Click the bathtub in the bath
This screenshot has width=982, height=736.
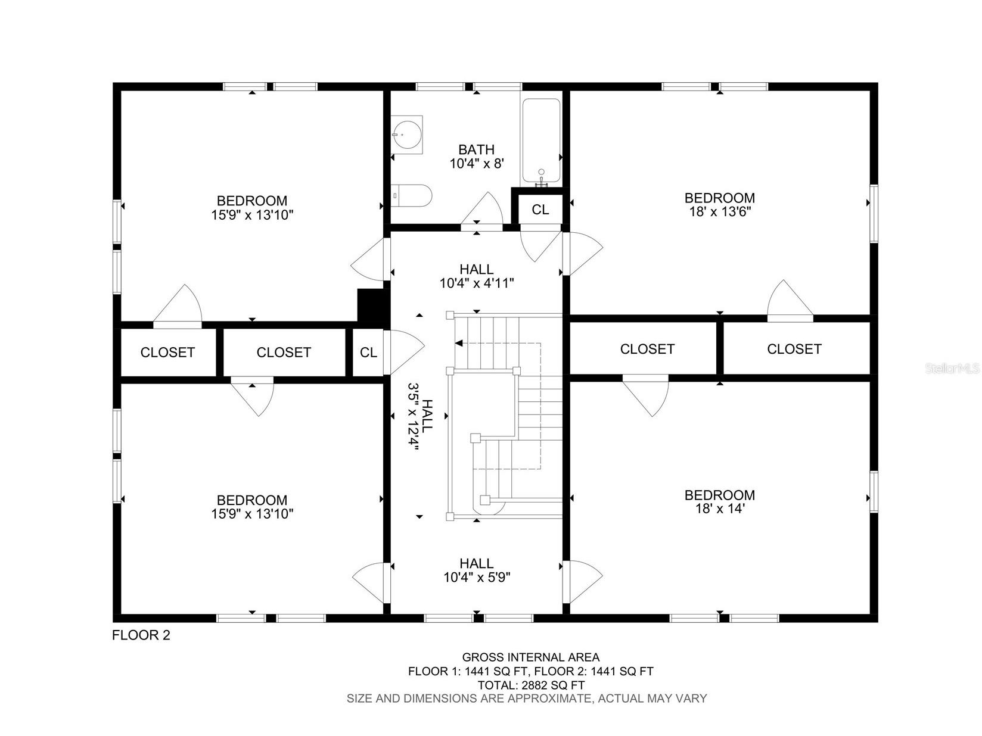pyautogui.click(x=541, y=141)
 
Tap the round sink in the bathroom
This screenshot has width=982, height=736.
pyautogui.click(x=408, y=134)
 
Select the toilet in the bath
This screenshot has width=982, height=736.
pyautogui.click(x=413, y=195)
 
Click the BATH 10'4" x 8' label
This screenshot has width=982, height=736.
pyautogui.click(x=477, y=157)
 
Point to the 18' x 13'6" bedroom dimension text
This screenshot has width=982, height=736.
pyautogui.click(x=719, y=211)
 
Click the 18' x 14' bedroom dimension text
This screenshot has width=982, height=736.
pyautogui.click(x=719, y=509)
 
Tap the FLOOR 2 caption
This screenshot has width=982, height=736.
pyautogui.click(x=141, y=635)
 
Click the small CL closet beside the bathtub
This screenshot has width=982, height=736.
pyautogui.click(x=540, y=209)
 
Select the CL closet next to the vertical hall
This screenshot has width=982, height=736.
pyautogui.click(x=368, y=352)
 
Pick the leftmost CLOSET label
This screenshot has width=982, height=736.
pyautogui.click(x=167, y=352)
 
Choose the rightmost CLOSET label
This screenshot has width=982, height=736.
pyautogui.click(x=794, y=349)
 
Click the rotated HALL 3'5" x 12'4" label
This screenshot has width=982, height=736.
pyautogui.click(x=419, y=417)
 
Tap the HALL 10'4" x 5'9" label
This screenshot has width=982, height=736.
pyautogui.click(x=477, y=570)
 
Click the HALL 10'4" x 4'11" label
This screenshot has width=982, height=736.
pyautogui.click(x=477, y=276)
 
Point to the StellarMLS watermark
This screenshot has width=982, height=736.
pyautogui.click(x=952, y=369)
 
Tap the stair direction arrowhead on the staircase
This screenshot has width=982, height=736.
pyautogui.click(x=458, y=343)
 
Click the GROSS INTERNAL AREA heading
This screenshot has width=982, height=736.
pyautogui.click(x=530, y=657)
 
